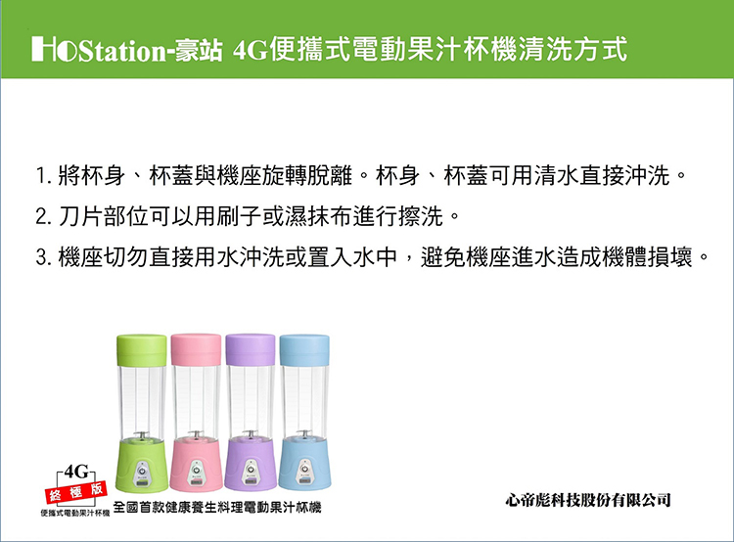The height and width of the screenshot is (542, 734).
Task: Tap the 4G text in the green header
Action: (250, 50)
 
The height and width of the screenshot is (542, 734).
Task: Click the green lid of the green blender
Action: (141, 350)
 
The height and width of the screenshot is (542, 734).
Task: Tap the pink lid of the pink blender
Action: (196, 349)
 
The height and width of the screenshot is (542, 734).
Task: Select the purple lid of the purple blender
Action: (250, 349)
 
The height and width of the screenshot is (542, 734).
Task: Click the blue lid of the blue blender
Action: (304, 350)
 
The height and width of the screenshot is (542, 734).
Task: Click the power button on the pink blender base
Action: (196, 469)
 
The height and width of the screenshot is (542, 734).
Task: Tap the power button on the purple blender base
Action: (251, 469)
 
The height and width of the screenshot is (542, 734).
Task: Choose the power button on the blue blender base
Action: (304, 469)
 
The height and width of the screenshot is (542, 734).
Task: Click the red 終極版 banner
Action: (75, 492)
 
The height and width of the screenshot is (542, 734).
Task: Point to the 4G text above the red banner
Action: (75, 472)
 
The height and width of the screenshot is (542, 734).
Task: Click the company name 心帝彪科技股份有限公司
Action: (588, 500)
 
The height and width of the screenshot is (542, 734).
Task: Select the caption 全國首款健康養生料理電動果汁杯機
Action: (217, 508)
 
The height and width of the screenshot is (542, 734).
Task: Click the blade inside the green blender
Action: (141, 435)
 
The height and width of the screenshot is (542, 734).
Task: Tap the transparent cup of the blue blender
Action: (304, 402)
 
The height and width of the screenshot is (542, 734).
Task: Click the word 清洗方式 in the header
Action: (573, 50)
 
